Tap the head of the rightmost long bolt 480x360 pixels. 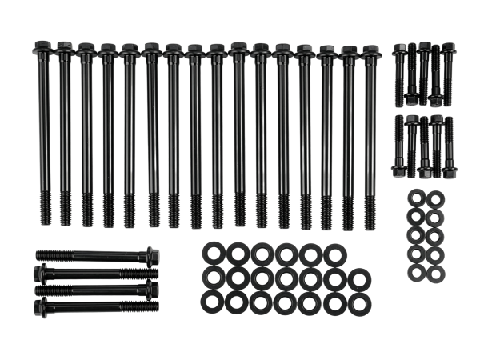[x=370, y=51]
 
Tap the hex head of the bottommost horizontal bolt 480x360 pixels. [x=38, y=306]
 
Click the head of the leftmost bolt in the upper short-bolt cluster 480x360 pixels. [x=400, y=50]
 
